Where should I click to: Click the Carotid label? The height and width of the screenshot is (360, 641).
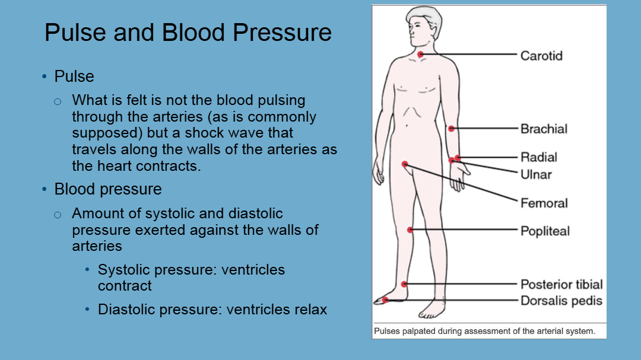click(541, 56)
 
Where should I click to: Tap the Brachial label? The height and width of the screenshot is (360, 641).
click(544, 129)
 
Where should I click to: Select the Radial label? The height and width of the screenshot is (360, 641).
click(539, 157)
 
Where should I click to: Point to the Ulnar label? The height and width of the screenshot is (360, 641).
click(536, 175)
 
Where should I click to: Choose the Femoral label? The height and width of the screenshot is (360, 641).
click(544, 203)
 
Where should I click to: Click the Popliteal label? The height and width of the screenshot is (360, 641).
click(545, 231)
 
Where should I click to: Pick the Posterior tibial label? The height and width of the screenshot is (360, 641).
click(561, 285)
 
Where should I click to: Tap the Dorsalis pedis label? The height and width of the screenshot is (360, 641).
click(561, 301)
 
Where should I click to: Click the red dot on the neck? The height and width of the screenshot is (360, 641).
click(420, 54)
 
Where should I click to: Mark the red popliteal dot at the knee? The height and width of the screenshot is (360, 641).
click(410, 230)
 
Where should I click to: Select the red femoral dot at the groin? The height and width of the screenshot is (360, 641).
click(405, 164)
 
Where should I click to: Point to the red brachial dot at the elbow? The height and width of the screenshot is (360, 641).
click(451, 129)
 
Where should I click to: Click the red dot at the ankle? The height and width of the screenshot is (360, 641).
click(404, 284)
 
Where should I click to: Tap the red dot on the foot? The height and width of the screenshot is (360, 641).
click(385, 300)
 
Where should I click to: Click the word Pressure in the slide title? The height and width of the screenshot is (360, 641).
click(282, 33)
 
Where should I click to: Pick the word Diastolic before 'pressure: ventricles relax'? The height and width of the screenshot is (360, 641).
click(127, 310)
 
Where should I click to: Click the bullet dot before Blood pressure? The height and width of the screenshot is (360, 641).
click(45, 189)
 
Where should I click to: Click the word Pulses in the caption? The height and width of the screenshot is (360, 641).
click(387, 331)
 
